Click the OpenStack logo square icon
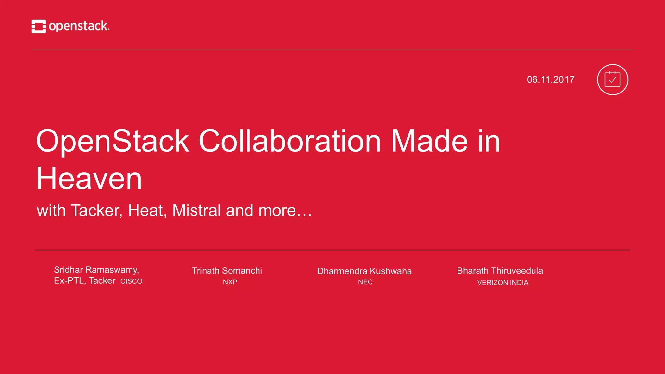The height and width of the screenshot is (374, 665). coord(39,26)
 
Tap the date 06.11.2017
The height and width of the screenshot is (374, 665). coord(550,80)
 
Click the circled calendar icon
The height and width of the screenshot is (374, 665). coord(612,80)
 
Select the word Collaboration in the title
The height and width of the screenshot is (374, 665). coord(289,141)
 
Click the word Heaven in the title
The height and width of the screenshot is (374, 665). coord(89,179)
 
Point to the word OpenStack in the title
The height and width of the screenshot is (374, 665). coord(112,141)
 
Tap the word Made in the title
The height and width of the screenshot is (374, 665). coord(429,141)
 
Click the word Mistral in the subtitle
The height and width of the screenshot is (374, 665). coord(196,210)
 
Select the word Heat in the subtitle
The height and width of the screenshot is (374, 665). coord(147,210)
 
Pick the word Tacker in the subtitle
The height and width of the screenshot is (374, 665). coord(96,210)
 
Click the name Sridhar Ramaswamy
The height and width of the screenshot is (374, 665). coord(96,270)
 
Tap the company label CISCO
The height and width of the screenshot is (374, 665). coord(131,281)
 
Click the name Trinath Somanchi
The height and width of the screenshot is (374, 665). coord(227,271)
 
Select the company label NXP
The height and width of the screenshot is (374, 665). coord(230,282)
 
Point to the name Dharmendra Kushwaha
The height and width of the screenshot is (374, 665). coord(364,271)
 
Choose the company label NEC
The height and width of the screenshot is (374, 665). coord(365,282)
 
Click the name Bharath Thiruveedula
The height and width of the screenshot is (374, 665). coord(500,271)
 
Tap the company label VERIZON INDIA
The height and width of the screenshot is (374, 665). coord(503,283)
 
